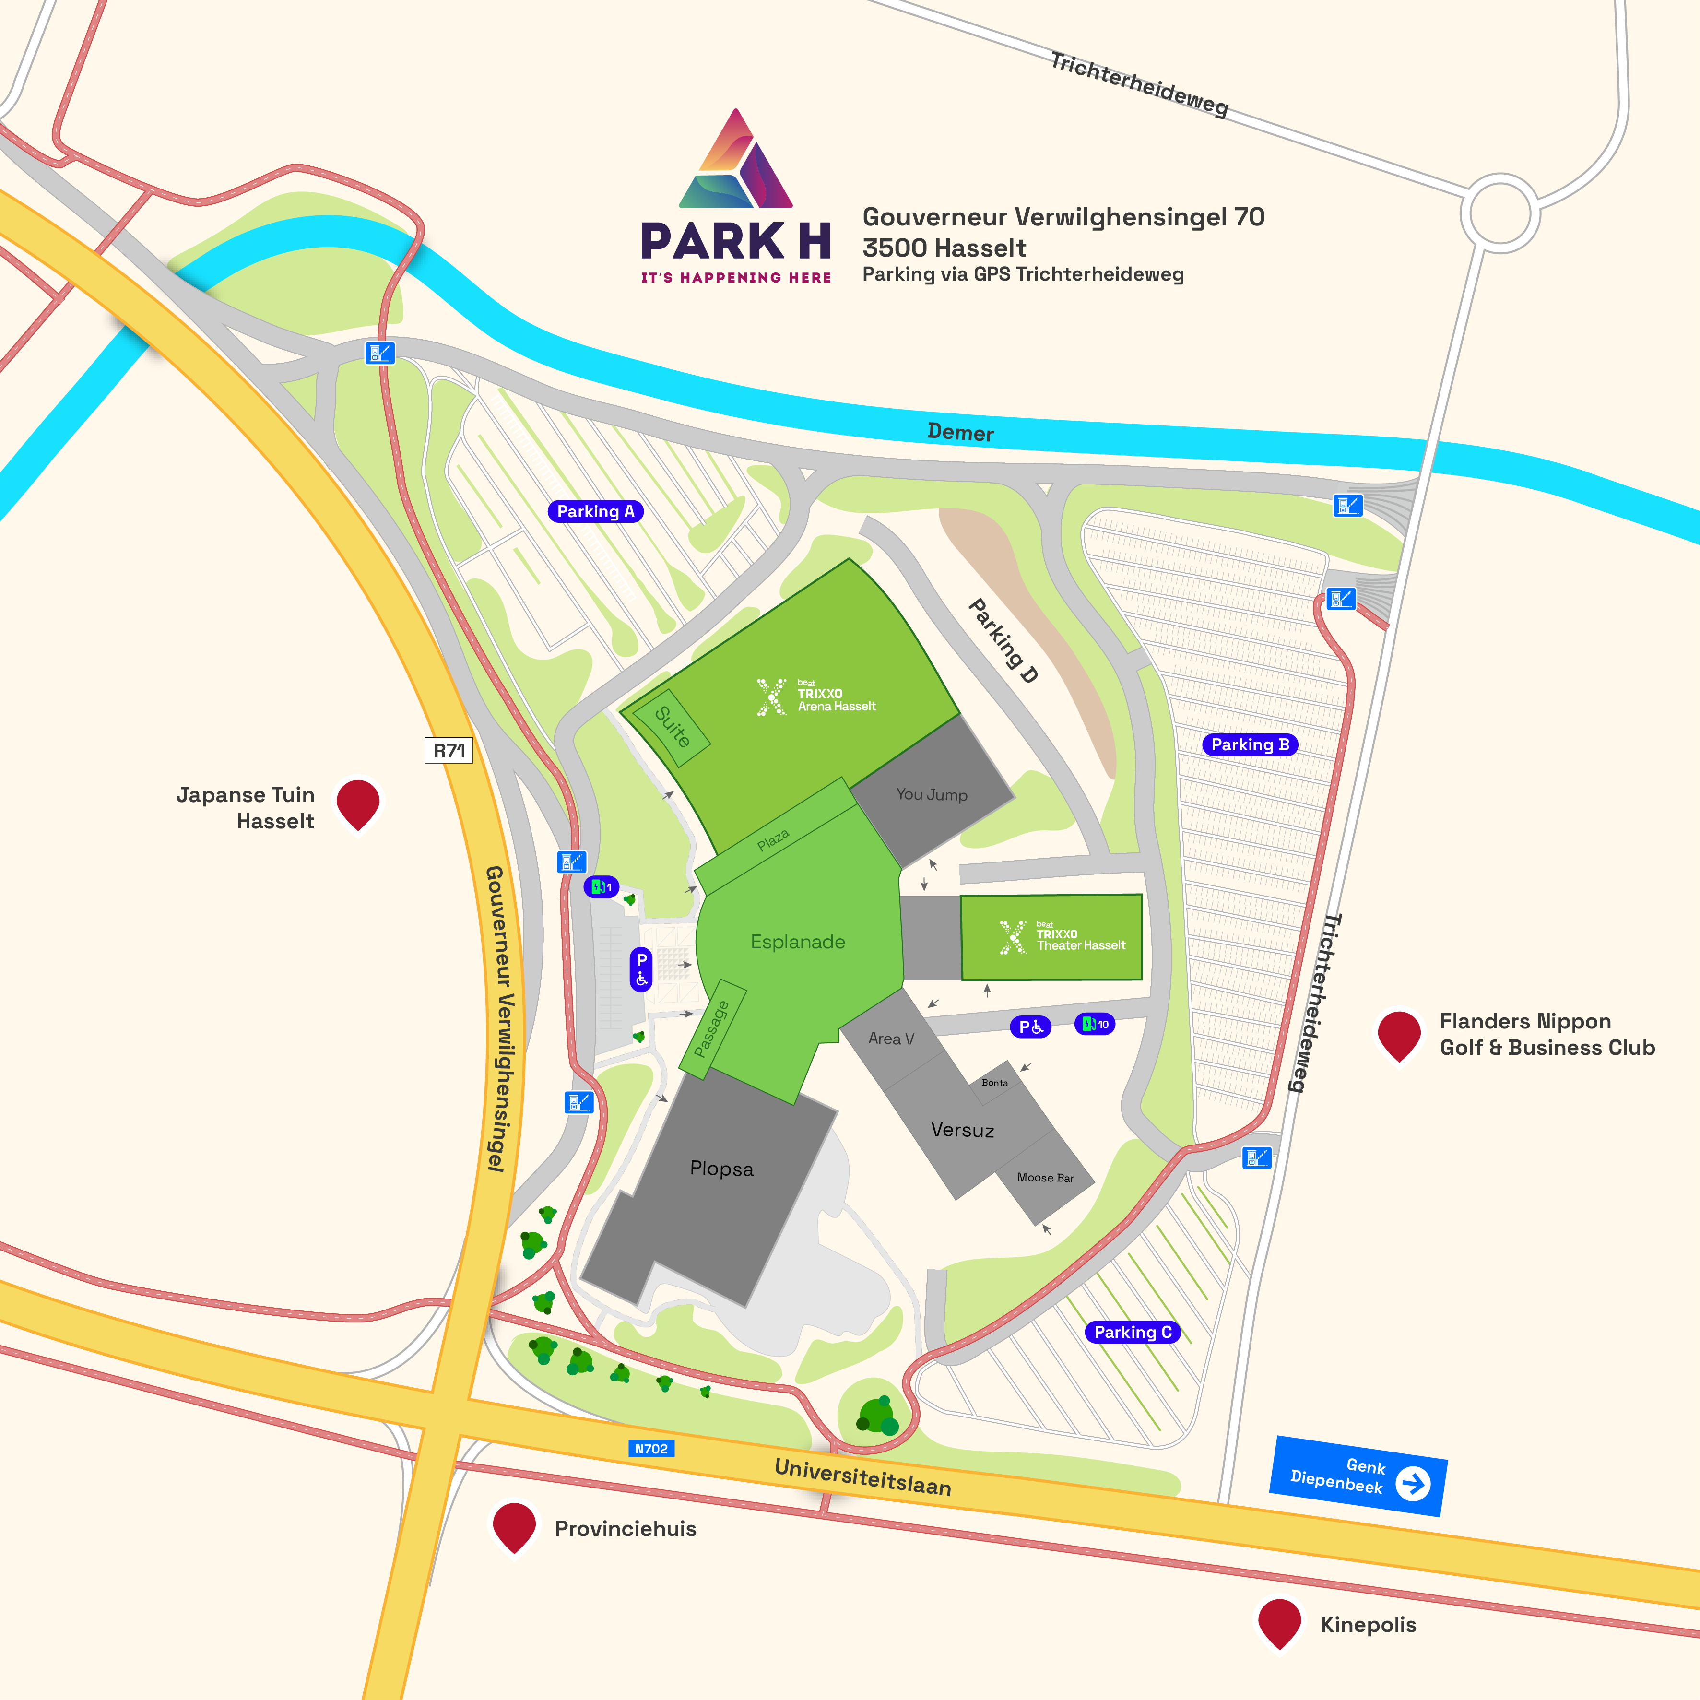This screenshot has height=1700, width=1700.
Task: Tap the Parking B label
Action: pos(1250,744)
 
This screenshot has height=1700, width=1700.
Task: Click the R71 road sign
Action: pos(449,751)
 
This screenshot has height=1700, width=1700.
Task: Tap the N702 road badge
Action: pos(651,1448)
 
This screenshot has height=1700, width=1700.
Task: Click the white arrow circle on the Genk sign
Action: pos(1413,1484)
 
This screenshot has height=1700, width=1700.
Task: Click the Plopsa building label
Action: pos(721,1169)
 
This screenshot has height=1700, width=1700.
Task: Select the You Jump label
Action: pos(932,794)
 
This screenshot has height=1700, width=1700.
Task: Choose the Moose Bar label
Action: pos(1045,1177)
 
